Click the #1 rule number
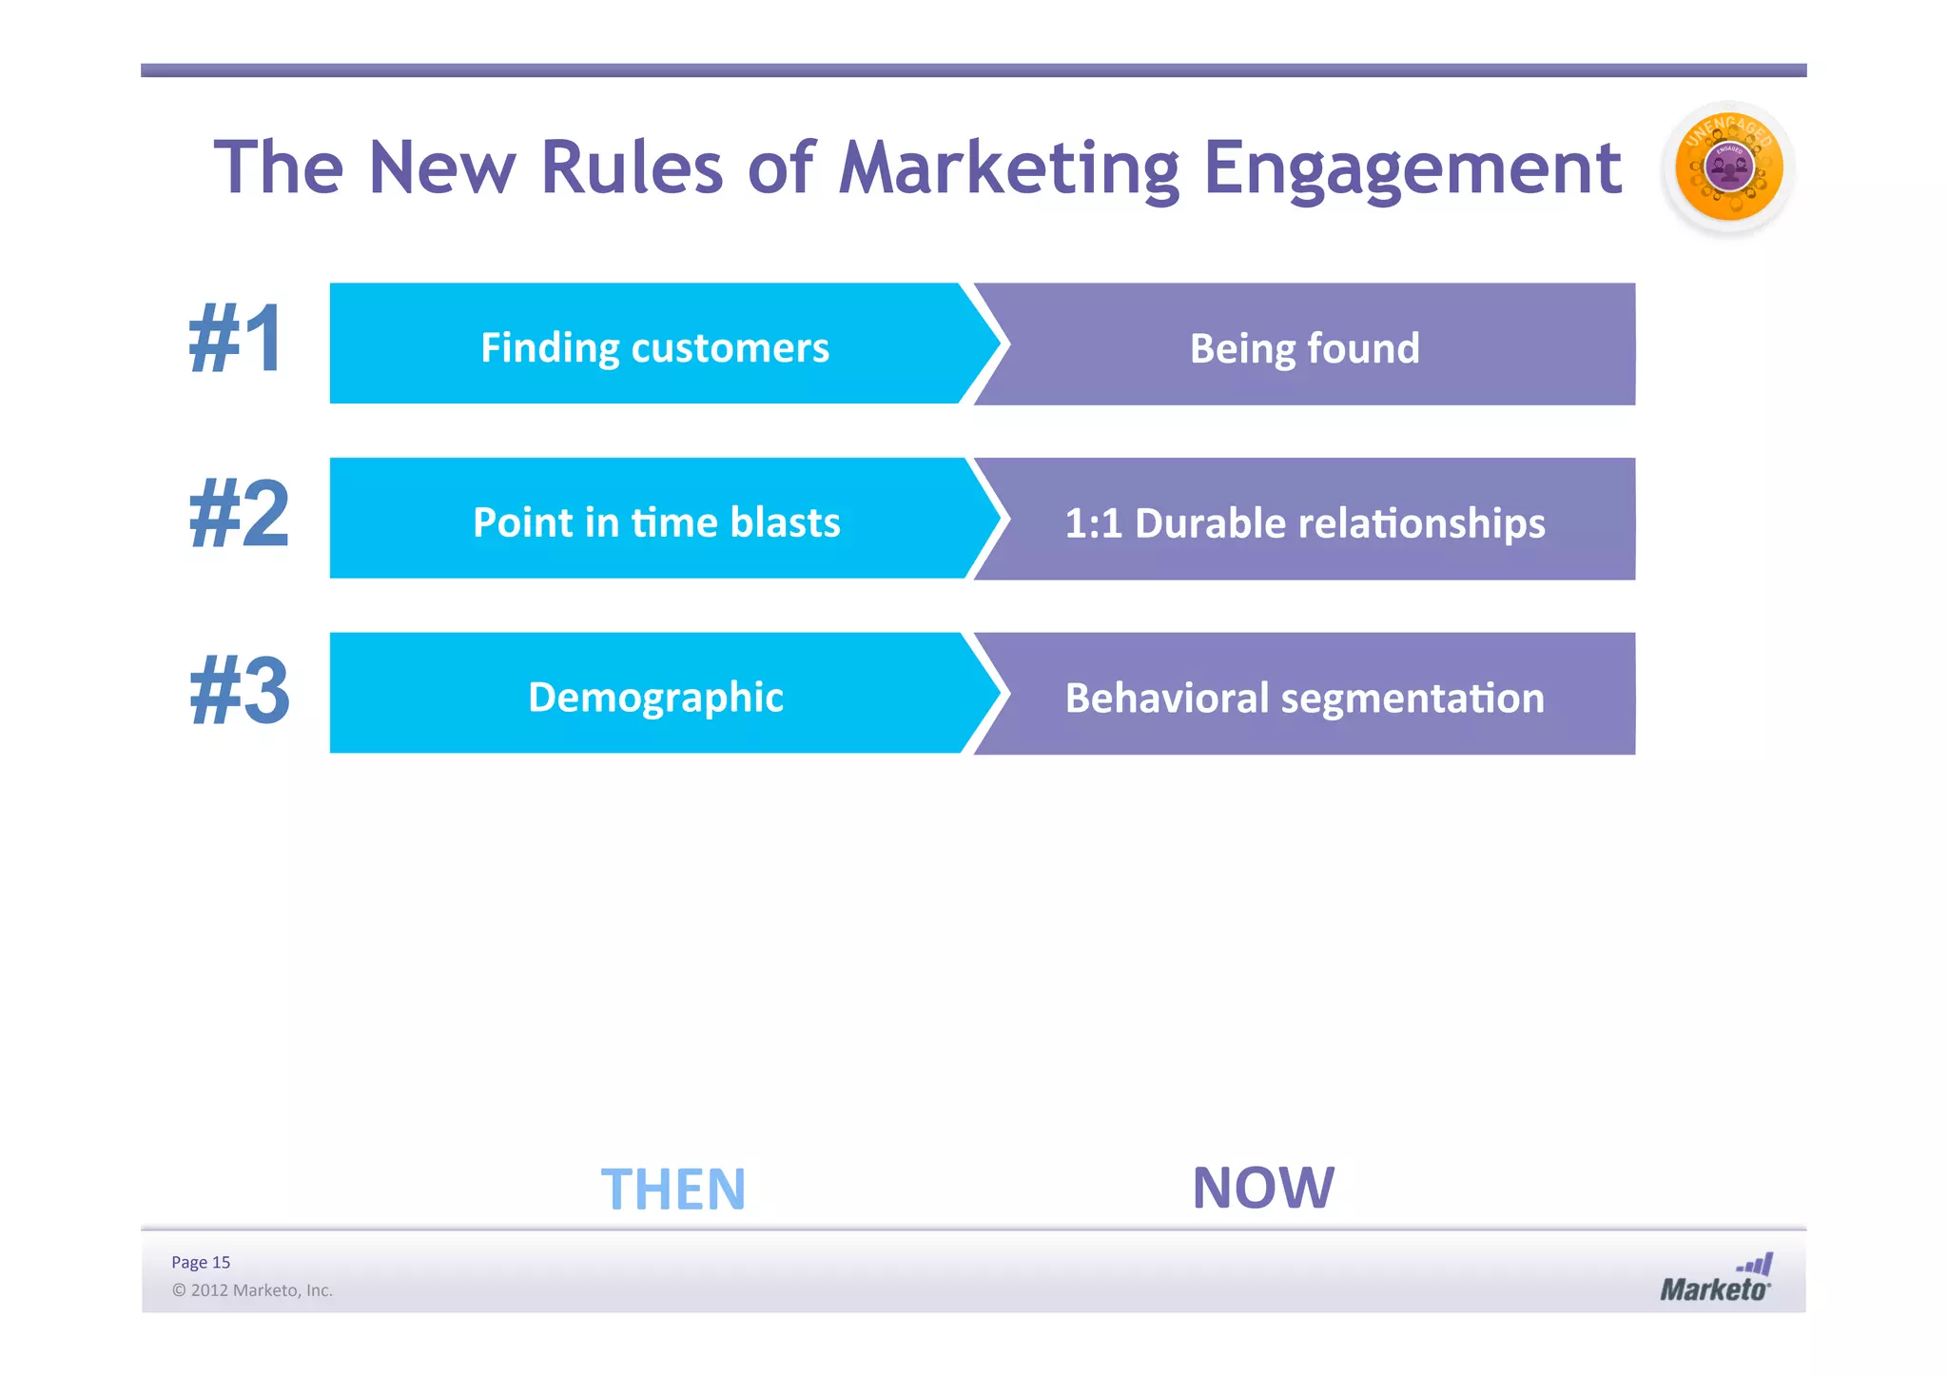(237, 340)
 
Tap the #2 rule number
(239, 515)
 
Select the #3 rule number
(240, 692)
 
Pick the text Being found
(1304, 348)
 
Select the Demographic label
(655, 698)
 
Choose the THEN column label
(673, 1190)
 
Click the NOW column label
(1263, 1188)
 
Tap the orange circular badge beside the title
(1727, 168)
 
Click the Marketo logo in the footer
(1715, 1280)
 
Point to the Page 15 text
(201, 1262)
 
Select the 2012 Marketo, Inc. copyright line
(252, 1290)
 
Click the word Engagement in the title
(1412, 169)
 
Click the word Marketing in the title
(1008, 169)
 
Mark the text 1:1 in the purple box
(1093, 523)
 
